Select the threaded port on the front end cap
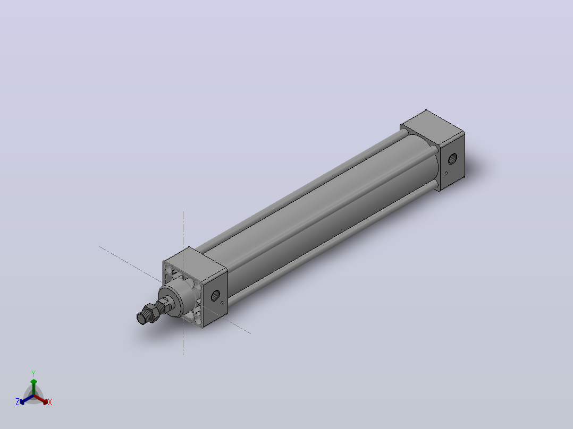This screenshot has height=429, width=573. [x=215, y=295]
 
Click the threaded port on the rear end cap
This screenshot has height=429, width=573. [x=452, y=158]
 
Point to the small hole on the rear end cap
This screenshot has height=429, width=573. [x=446, y=174]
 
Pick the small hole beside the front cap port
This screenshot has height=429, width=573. [x=222, y=302]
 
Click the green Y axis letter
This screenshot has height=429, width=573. [x=33, y=373]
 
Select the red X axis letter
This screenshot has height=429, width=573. [x=50, y=402]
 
